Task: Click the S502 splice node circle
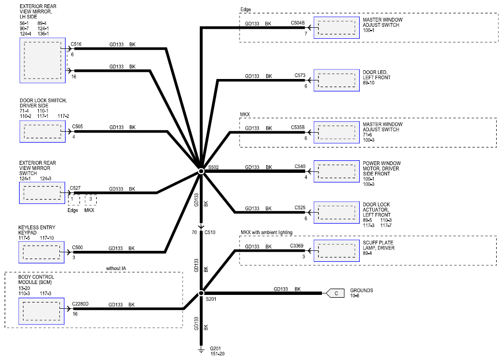[201, 171]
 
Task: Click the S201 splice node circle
[201, 293]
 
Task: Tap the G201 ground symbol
[201, 349]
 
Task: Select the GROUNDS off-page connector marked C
[335, 293]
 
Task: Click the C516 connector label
[76, 44]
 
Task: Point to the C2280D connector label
[80, 304]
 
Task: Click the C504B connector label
[297, 23]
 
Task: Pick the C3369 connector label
[297, 246]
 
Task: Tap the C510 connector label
[210, 232]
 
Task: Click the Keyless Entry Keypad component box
[41, 252]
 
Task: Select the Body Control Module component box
[41, 311]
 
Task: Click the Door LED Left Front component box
[336, 80]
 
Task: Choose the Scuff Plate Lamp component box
[336, 251]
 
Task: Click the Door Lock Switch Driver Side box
[42, 132]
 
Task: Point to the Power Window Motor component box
[336, 171]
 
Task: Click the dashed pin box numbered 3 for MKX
[91, 200]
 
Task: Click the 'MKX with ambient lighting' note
[266, 232]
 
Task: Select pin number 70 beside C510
[194, 232]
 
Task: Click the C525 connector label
[300, 207]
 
